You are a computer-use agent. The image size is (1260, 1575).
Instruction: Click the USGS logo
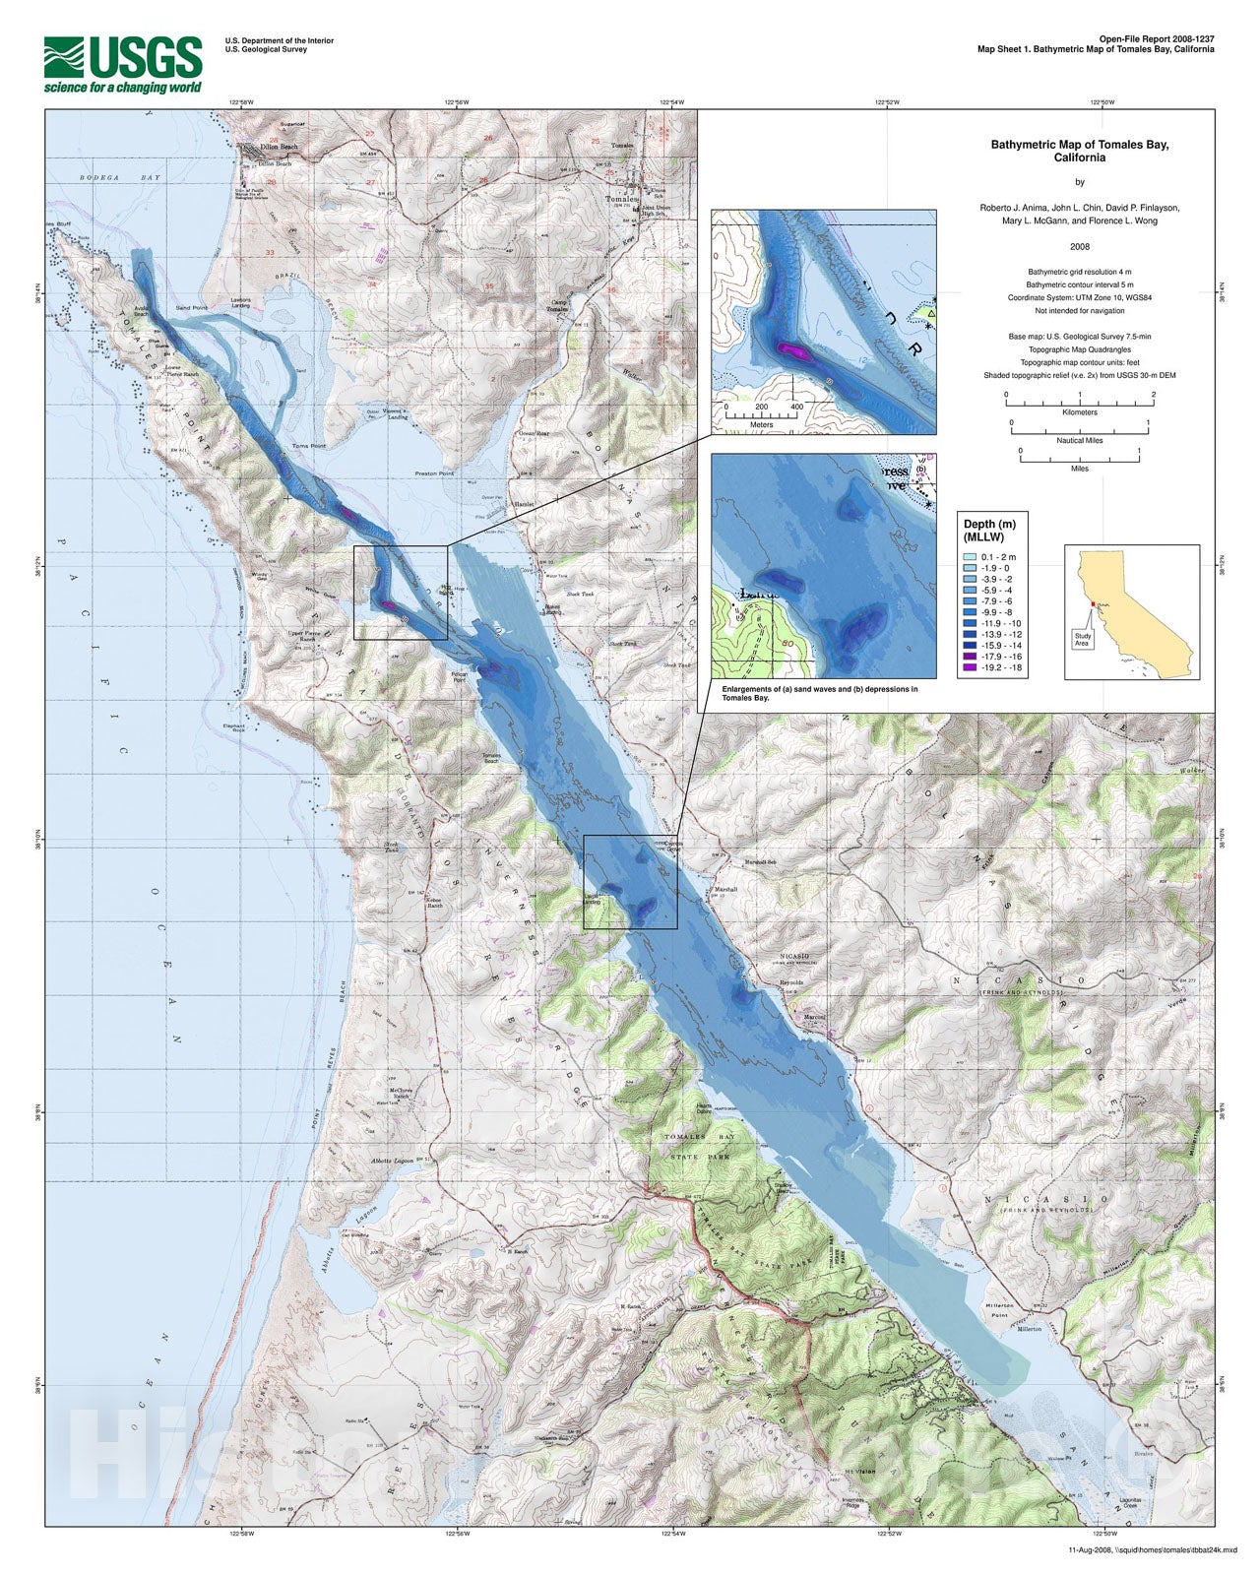pos(123,65)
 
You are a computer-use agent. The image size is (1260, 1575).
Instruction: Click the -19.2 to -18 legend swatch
pos(971,666)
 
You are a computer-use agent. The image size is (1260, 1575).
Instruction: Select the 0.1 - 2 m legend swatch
pos(971,557)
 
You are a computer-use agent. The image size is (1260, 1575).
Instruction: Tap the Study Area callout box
pos(1082,637)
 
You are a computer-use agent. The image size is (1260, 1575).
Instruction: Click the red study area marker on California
pos(1093,602)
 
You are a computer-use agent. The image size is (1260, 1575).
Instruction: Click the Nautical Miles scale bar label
pos(1079,440)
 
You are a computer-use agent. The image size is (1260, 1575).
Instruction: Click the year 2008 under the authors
pos(1079,246)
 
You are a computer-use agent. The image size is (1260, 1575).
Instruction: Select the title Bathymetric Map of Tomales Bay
pos(1079,151)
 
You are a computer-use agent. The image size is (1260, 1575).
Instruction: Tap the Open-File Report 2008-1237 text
pos(1157,39)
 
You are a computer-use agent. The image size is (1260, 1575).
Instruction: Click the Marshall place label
pos(726,889)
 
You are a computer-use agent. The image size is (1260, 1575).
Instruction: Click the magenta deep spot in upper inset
pos(790,348)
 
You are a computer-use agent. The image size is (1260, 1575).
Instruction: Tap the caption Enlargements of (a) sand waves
pos(819,693)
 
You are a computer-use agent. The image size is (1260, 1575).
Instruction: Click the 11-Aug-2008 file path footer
pos(1138,1549)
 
